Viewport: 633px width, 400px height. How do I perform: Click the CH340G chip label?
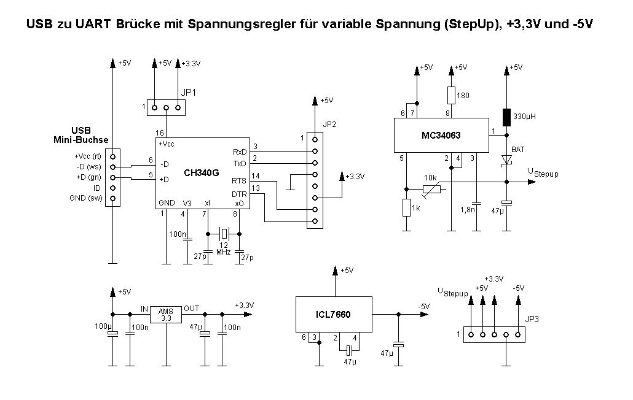pos(201,173)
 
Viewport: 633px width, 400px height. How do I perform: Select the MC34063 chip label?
pos(441,136)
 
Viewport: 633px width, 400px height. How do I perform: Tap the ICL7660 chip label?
pos(334,314)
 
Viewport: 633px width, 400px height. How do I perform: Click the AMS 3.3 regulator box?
pos(165,314)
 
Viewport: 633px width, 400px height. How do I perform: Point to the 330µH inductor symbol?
pos(506,117)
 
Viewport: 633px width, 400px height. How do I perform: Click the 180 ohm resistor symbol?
pos(451,95)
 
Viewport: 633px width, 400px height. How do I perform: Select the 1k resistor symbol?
pos(406,208)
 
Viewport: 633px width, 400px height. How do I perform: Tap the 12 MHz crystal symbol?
pos(224,233)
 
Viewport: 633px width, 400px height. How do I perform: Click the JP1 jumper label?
pos(189,93)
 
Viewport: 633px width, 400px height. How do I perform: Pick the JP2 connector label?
pos(330,123)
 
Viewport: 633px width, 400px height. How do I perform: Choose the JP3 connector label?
pos(532,318)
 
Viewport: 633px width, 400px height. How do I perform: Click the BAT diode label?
pos(517,149)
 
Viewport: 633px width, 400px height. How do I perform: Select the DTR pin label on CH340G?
pos(239,194)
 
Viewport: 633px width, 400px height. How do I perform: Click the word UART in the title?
pos(83,25)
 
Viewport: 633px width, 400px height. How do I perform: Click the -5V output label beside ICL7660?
pos(423,307)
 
